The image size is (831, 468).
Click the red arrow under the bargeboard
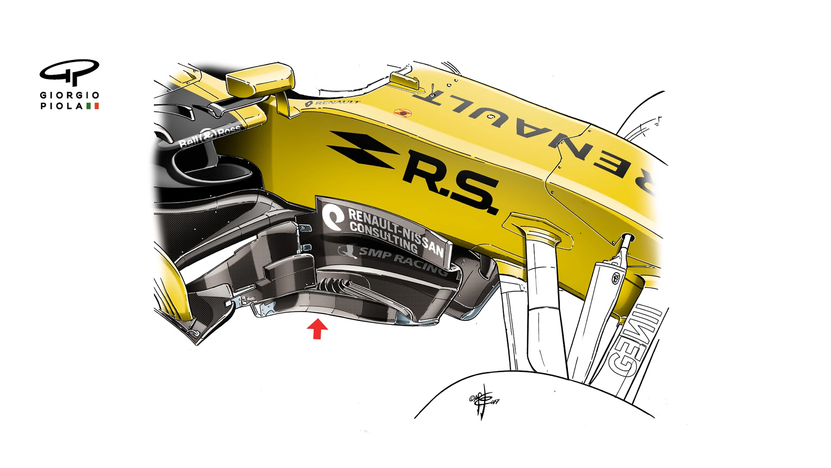pyautogui.click(x=317, y=329)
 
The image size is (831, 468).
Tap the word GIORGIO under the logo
pyautogui.click(x=69, y=95)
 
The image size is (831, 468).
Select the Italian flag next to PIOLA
pyautogui.click(x=92, y=106)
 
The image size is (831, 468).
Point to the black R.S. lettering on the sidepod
pyautogui.click(x=450, y=182)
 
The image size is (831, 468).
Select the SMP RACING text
pyautogui.click(x=403, y=260)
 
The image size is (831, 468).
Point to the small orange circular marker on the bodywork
pyautogui.click(x=403, y=114)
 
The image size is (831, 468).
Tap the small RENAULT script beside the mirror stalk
pyautogui.click(x=333, y=103)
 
